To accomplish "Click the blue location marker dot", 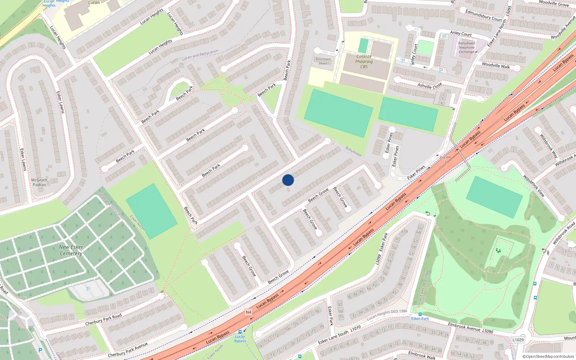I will tap(288, 180).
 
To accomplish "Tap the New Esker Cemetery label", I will tap(71, 250).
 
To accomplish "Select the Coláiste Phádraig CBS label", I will tap(364, 62).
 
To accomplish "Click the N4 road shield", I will tap(248, 312).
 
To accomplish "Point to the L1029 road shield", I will tap(518, 340).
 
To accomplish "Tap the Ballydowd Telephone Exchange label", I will tap(467, 48).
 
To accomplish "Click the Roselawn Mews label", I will tap(323, 61).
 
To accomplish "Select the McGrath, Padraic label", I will tap(40, 182).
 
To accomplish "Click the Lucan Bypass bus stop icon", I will tap(240, 332).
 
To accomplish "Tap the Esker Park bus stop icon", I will tap(420, 314).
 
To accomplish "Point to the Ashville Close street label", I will tap(429, 86).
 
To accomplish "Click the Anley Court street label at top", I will tap(461, 33).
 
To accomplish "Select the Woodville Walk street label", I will tap(496, 66).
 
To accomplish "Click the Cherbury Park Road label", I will tap(103, 319).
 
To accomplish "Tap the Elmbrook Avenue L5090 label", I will tap(471, 328).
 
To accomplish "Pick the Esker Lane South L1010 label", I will tap(339, 335).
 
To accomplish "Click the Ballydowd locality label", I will tap(353, 151).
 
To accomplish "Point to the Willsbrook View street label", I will tap(534, 185).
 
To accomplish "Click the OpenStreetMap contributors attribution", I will tap(548, 357).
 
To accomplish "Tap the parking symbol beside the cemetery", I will tap(88, 289).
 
